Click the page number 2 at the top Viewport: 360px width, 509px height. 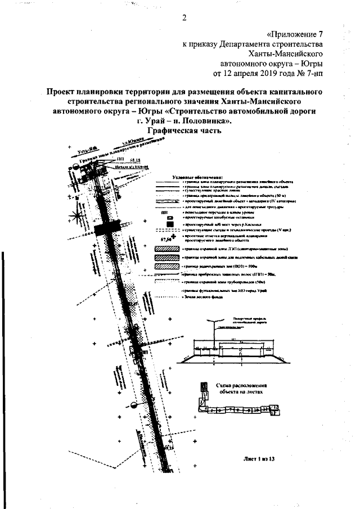click(x=184, y=16)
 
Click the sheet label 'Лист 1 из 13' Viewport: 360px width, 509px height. click(x=256, y=460)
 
